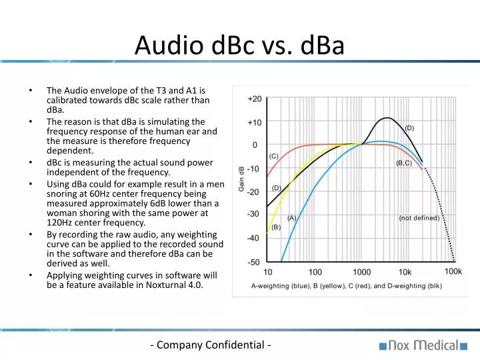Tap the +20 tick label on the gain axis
[x=254, y=99]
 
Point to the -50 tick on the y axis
[x=254, y=262]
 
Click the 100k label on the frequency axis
[x=453, y=272]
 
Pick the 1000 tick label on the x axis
[x=362, y=272]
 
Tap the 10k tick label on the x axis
[x=405, y=272]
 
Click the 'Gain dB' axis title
[x=241, y=179]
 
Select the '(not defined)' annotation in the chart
[x=419, y=218]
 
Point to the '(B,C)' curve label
[x=404, y=163]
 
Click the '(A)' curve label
[x=292, y=217]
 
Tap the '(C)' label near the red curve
[x=274, y=156]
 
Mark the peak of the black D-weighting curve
[x=385, y=118]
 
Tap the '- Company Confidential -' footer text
[x=211, y=345]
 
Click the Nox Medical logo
[x=424, y=345]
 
